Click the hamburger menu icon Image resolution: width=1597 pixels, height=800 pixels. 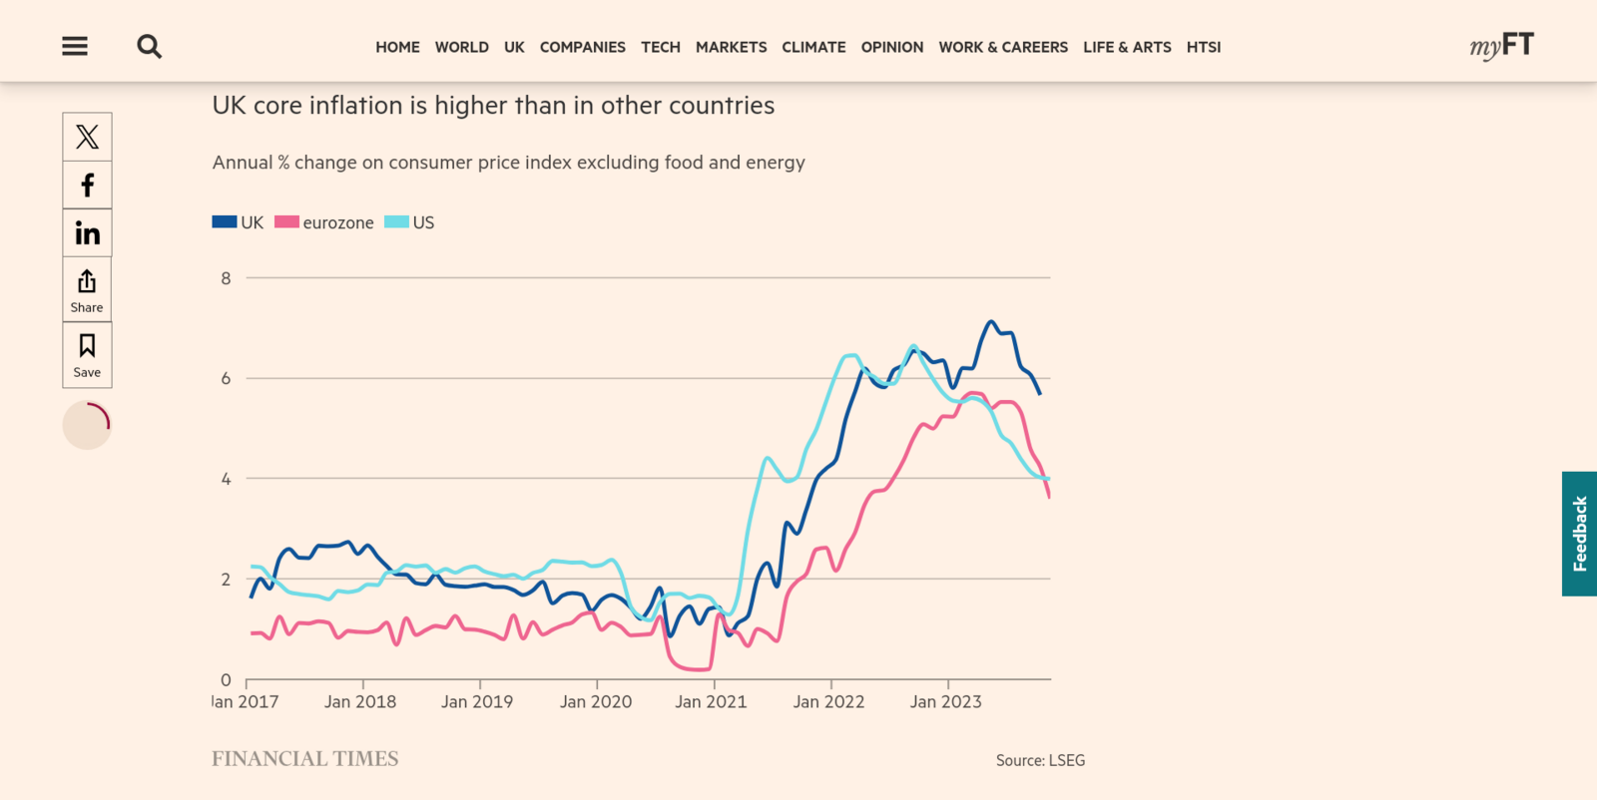75,46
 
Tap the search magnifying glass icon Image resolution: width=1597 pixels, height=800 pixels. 149,46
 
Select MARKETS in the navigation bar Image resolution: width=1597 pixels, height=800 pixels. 731,47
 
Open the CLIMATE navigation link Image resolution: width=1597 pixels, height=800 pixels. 813,47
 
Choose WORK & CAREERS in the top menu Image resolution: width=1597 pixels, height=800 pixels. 1002,47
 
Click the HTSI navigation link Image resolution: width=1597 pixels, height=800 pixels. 1203,47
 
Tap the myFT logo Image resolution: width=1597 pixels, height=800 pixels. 1501,46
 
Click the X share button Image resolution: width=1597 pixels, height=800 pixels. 87,137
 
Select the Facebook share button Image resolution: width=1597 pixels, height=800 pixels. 87,186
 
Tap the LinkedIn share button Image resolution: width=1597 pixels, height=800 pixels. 87,233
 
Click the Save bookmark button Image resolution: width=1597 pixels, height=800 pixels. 87,355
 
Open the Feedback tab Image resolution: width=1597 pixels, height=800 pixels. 1579,534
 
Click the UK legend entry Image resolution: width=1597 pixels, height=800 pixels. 239,222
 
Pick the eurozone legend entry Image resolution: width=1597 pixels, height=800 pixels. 324,222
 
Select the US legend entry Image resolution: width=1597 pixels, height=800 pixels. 410,222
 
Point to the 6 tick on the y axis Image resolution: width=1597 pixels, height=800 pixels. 226,378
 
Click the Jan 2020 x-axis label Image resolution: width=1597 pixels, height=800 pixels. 596,701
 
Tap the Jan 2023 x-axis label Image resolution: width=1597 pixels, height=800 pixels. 945,701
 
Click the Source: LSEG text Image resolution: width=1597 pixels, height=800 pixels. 1040,760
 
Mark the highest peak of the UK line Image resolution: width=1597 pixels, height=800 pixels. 991,321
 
